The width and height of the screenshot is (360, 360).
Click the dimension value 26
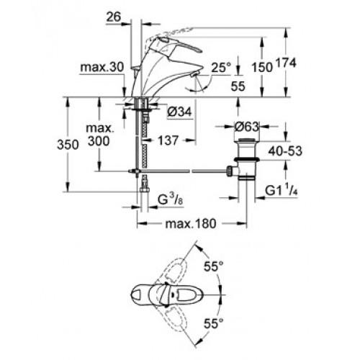(x=114, y=17)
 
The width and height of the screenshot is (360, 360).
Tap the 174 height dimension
(x=286, y=63)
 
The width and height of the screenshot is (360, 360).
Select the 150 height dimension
(x=262, y=68)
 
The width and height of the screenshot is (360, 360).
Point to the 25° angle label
(x=221, y=68)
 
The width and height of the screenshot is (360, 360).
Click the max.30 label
(x=102, y=67)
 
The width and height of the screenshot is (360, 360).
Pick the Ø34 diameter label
(x=179, y=112)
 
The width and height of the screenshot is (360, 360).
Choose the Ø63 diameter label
(x=247, y=127)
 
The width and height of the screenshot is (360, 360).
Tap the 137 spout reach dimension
(x=168, y=140)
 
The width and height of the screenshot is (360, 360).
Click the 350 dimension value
(x=68, y=145)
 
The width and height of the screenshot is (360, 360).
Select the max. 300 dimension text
(x=99, y=135)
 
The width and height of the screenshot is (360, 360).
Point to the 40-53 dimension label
(x=285, y=151)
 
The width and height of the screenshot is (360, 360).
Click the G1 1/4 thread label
(x=282, y=191)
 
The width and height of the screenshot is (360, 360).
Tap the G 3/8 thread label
(x=171, y=199)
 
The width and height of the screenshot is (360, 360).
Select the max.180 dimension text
(x=191, y=224)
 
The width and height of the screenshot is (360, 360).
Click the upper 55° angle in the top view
(x=214, y=266)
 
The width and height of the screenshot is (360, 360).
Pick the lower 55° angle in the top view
(x=214, y=323)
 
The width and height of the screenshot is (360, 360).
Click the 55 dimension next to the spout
(x=238, y=86)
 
